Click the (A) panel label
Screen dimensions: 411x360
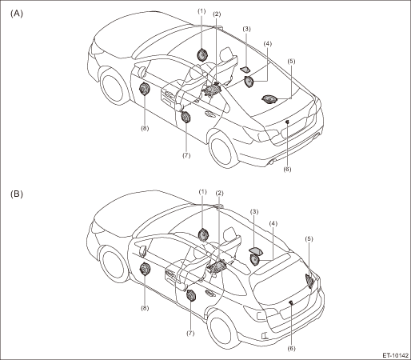pos(17,14)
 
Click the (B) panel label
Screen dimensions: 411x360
pos(17,194)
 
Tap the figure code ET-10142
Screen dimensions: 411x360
pos(396,355)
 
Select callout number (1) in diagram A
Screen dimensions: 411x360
pos(202,11)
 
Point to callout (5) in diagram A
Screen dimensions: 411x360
pos(291,61)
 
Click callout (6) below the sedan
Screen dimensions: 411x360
pos(287,169)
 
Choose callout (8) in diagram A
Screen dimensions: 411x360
pos(145,128)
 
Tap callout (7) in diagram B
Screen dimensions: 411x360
pos(190,334)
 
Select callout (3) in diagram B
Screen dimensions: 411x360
pos(254,212)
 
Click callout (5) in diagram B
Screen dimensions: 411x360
pos(309,239)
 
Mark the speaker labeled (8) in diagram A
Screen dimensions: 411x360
pos(144,89)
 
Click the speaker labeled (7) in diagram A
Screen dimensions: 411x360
pos(186,118)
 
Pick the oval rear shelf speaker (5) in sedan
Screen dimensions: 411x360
pos(269,99)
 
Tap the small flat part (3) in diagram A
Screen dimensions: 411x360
pos(245,70)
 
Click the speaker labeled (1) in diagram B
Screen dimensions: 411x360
pos(203,234)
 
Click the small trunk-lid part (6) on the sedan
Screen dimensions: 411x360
pos(287,122)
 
